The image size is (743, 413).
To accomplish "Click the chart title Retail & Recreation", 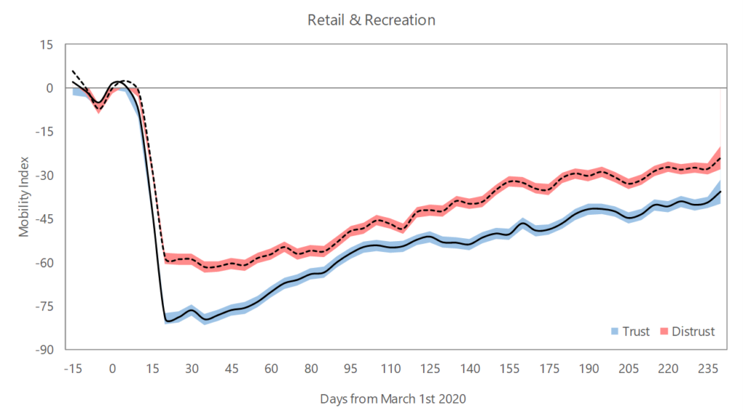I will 371,20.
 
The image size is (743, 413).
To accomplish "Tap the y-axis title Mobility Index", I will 24,197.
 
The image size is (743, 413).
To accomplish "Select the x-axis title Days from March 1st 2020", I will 392,398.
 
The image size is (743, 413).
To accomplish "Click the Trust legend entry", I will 631,332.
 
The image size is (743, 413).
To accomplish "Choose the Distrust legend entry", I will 687,332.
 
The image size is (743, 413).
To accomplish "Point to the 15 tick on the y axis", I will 47,45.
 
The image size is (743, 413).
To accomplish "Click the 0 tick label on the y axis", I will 50,89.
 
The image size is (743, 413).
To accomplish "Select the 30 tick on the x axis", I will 192,368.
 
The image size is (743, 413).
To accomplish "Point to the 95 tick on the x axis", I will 351,368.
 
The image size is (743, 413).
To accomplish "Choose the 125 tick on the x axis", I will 431,368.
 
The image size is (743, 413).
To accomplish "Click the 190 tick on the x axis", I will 590,368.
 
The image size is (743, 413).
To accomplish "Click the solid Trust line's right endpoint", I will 721,192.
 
